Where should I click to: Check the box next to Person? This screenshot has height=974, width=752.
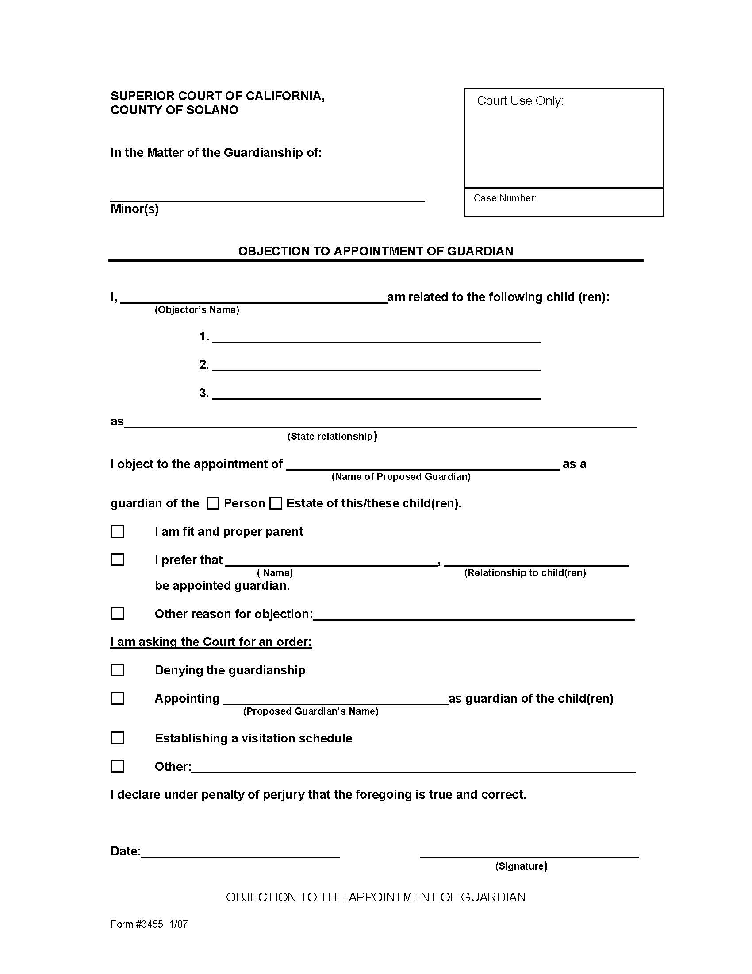pos(213,503)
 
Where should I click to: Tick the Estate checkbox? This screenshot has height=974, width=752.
pos(276,503)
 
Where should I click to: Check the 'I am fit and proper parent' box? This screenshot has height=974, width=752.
pos(117,532)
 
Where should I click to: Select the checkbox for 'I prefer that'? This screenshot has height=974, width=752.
pos(117,560)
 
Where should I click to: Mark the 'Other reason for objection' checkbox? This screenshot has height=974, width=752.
pos(117,614)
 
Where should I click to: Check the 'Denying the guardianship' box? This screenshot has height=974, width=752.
pos(117,670)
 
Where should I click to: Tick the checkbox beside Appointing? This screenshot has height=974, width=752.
pos(117,698)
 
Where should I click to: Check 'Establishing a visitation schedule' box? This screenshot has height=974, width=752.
pos(117,738)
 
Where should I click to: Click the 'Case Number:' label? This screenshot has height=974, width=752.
pos(505,198)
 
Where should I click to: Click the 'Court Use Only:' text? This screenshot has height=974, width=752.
pos(520,101)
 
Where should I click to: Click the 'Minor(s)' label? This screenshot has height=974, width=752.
pos(134,209)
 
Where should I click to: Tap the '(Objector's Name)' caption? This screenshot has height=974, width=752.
pos(196,310)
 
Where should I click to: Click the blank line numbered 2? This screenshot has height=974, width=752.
pos(376,366)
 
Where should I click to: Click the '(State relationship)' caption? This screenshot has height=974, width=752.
pos(332,436)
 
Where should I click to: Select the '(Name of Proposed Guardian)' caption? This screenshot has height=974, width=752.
pos(401,477)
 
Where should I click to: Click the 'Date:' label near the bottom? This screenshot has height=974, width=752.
pos(125,851)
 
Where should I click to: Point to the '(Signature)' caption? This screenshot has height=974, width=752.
pos(521,866)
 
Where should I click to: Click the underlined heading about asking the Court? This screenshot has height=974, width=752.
pos(211,642)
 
